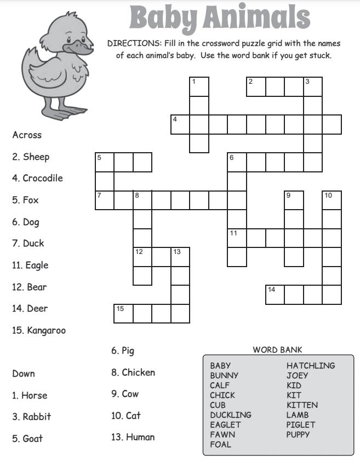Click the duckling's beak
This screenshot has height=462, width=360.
tap(79, 50)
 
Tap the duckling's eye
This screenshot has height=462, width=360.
tap(70, 40)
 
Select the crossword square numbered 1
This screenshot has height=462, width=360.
tap(199, 87)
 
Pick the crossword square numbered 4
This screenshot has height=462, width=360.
tap(180, 124)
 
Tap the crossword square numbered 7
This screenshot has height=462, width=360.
tap(105, 200)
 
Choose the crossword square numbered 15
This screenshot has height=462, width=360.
tap(124, 314)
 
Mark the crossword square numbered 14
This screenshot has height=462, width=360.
tap(275, 294)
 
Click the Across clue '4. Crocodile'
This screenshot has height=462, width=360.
tap(37, 178)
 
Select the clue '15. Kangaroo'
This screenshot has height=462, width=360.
tap(38, 331)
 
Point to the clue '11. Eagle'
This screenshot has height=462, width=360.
tap(30, 265)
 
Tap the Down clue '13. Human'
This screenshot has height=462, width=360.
tap(133, 437)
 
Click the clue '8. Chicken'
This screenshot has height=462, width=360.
tap(133, 373)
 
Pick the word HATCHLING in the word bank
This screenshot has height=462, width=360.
tap(311, 366)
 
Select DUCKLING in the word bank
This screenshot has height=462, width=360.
tap(230, 415)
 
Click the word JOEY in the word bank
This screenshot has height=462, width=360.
tap(297, 376)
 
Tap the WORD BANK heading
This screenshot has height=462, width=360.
tap(277, 350)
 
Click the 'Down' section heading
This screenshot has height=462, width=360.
tap(24, 374)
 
